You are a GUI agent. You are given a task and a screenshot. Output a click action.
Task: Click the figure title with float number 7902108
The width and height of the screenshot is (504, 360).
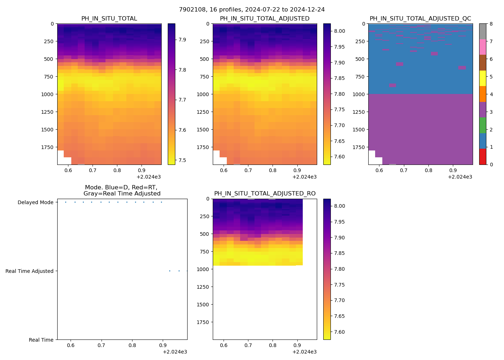pyautogui.click(x=252, y=10)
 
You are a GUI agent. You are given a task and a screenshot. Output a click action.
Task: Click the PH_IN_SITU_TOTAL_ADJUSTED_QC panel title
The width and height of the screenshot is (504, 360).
pyautogui.click(x=420, y=19)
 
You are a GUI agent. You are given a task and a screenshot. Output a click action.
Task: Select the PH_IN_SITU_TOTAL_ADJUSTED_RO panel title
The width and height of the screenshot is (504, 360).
pyautogui.click(x=265, y=194)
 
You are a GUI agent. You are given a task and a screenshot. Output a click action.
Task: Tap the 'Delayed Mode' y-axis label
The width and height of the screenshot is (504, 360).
pyautogui.click(x=35, y=202)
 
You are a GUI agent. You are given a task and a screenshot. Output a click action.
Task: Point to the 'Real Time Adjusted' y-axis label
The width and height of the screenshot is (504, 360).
pyautogui.click(x=30, y=271)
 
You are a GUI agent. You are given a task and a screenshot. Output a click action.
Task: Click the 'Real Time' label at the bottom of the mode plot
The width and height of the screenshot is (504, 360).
pyautogui.click(x=41, y=340)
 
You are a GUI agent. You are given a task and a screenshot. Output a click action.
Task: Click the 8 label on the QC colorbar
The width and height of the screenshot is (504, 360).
pyautogui.click(x=491, y=24)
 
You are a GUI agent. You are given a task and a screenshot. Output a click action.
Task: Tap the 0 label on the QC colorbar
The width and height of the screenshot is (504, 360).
pyautogui.click(x=491, y=165)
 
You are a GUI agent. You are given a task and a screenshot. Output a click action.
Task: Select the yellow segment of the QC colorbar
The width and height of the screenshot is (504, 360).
pyautogui.click(x=482, y=78)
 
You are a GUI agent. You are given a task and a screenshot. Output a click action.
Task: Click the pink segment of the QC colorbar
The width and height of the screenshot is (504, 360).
pyautogui.click(x=482, y=47)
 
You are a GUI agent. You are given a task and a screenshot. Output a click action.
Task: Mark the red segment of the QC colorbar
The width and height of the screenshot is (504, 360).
pyautogui.click(x=482, y=157)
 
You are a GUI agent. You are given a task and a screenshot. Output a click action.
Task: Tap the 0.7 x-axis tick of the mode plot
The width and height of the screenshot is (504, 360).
pyautogui.click(x=102, y=346)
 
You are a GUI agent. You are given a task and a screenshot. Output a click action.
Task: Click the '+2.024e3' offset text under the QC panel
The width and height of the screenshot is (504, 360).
pyautogui.click(x=460, y=177)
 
